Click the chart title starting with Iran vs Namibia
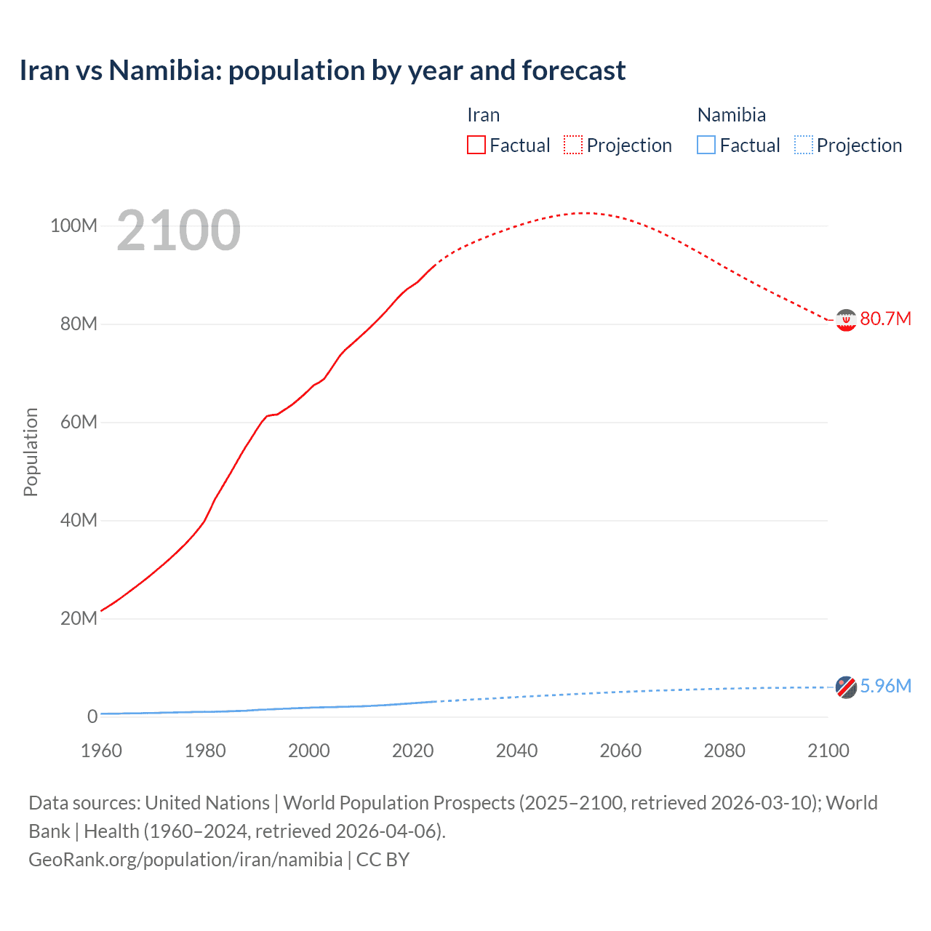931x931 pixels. (322, 71)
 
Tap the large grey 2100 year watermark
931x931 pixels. (178, 231)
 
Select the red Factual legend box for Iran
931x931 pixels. (476, 145)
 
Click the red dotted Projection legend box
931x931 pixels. (573, 145)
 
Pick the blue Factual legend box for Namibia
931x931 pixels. (706, 145)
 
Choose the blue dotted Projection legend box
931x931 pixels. (803, 145)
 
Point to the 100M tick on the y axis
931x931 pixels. (73, 225)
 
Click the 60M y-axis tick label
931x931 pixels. (78, 422)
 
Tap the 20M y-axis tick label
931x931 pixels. (78, 618)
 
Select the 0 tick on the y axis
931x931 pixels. (92, 716)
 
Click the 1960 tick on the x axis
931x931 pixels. (101, 751)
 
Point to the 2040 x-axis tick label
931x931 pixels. (516, 751)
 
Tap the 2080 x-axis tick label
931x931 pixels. (724, 751)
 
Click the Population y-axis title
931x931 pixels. (31, 452)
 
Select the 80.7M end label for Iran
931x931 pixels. (885, 319)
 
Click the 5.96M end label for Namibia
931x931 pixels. (885, 686)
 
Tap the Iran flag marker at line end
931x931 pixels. (846, 320)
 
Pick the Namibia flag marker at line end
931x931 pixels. (846, 687)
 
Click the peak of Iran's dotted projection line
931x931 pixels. (584, 213)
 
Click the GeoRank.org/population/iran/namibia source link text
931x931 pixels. (185, 860)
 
